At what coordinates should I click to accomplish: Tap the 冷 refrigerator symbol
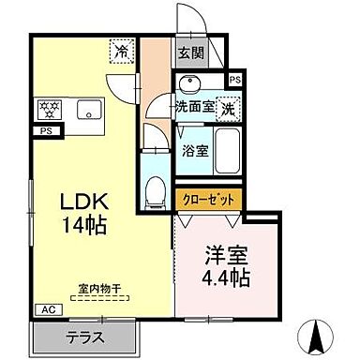pos(121,51)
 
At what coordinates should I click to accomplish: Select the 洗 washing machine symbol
pos(227,108)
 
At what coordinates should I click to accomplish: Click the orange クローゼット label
pos(209,200)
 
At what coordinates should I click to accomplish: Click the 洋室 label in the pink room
pos(227,255)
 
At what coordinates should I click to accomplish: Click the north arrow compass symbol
pos(317,333)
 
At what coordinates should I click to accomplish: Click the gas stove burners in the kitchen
pos(50,109)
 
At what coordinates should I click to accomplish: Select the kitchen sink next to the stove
pos(87,108)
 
